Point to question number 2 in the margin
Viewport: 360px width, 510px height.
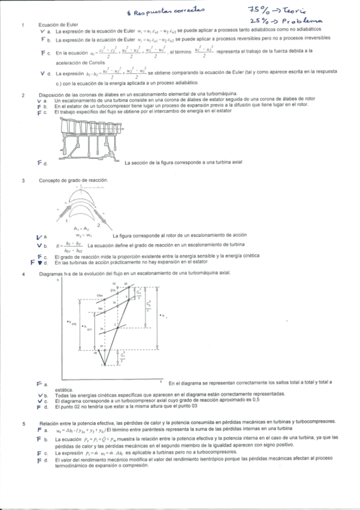[23, 95]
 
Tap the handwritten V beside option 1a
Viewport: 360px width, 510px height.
[41, 30]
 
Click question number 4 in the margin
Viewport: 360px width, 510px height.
[23, 274]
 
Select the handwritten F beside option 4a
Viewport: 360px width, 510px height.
[39, 383]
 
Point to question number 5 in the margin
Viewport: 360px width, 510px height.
[23, 424]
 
